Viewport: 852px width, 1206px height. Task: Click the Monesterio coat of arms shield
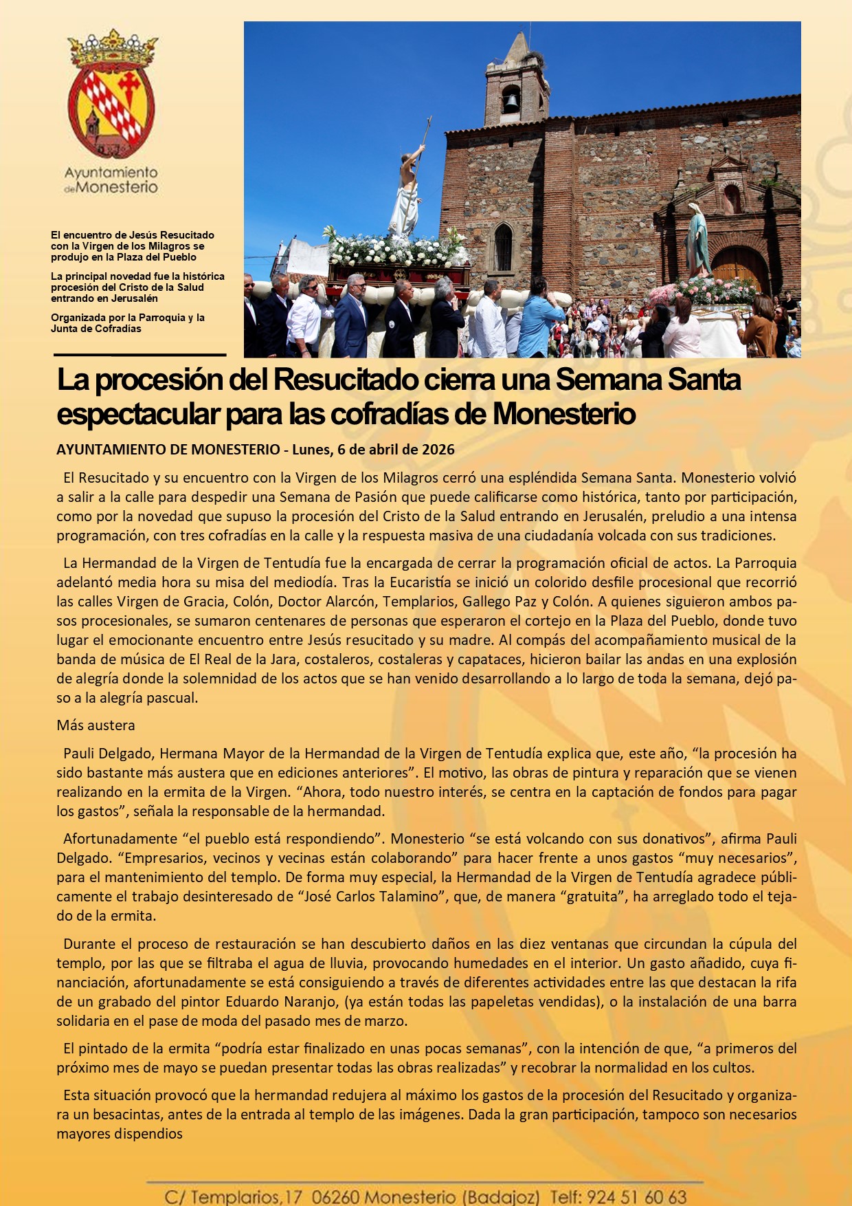pyautogui.click(x=111, y=110)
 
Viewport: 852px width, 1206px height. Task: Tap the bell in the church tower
pyautogui.click(x=511, y=100)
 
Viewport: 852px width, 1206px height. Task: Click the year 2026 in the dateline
pyautogui.click(x=438, y=450)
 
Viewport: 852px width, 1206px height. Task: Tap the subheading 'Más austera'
pyautogui.click(x=96, y=725)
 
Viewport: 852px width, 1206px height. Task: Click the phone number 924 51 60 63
pyautogui.click(x=636, y=1197)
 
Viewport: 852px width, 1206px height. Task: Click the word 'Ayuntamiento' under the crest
pyautogui.click(x=111, y=173)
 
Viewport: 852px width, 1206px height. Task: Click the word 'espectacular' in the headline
pyautogui.click(x=137, y=415)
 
